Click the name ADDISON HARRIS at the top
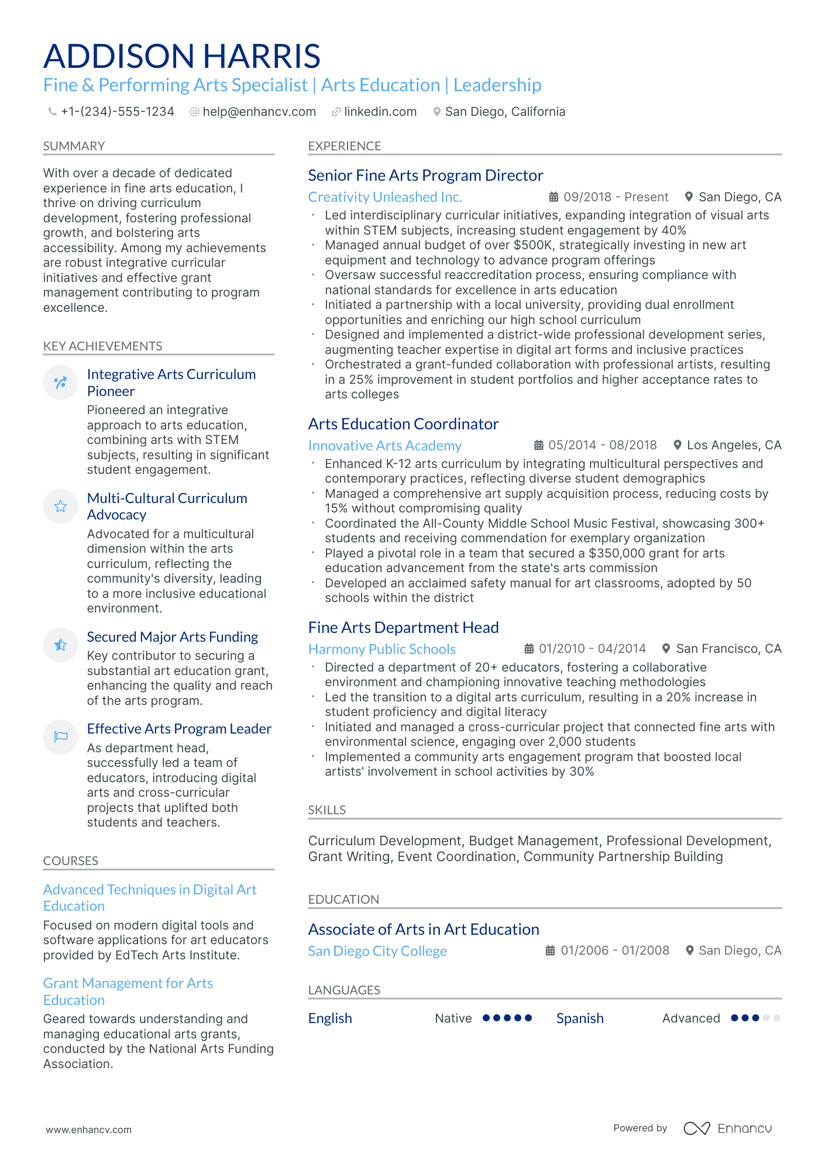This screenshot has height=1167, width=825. (181, 56)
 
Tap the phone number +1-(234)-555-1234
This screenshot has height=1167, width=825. (117, 112)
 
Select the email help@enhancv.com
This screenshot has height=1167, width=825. (259, 112)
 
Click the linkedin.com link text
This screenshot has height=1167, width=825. (380, 112)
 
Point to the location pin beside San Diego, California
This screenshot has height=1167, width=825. (436, 112)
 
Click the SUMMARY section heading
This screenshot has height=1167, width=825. (74, 146)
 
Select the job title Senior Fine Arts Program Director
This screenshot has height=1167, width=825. (425, 175)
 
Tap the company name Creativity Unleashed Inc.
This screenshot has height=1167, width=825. (384, 197)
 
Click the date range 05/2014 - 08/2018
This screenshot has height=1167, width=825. (602, 445)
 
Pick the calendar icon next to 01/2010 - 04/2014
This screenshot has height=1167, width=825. (529, 649)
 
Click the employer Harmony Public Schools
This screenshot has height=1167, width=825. (381, 649)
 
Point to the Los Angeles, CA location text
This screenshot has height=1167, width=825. (734, 445)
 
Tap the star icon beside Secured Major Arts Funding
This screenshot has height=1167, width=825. (60, 645)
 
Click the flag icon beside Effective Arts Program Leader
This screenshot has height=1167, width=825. (60, 736)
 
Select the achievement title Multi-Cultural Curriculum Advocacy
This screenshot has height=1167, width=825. (167, 507)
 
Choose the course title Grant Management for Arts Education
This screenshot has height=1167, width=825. (128, 992)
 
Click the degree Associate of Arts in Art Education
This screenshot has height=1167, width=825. (424, 930)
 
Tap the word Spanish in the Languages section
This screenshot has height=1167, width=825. (580, 1018)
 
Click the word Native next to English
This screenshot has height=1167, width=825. (453, 1018)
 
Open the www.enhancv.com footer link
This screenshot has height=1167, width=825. (89, 1130)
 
